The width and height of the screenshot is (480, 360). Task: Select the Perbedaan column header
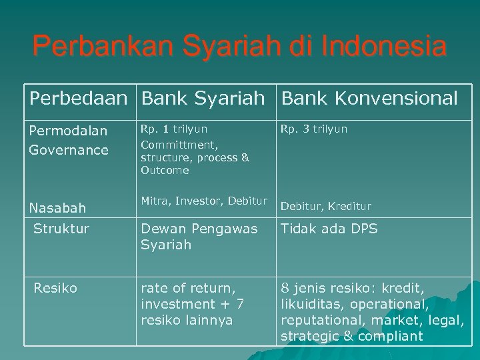pos(77,99)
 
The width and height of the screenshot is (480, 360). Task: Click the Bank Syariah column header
pos(203,99)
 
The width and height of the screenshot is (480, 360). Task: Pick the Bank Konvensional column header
pos(369,99)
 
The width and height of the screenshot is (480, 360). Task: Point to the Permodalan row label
pos(68,131)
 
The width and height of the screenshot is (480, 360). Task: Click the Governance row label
pos(69,150)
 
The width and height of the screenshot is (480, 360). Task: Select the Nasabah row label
pos(58,209)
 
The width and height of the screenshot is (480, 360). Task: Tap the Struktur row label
pos(61,229)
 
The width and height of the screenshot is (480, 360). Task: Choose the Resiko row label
pos(56,288)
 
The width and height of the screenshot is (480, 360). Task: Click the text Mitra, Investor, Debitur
pos(203,201)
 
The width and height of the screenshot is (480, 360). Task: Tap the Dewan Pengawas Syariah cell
pos(199,237)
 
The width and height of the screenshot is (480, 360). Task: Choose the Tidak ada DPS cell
pos(329,229)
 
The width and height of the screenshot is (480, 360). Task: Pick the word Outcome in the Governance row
pos(165,171)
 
